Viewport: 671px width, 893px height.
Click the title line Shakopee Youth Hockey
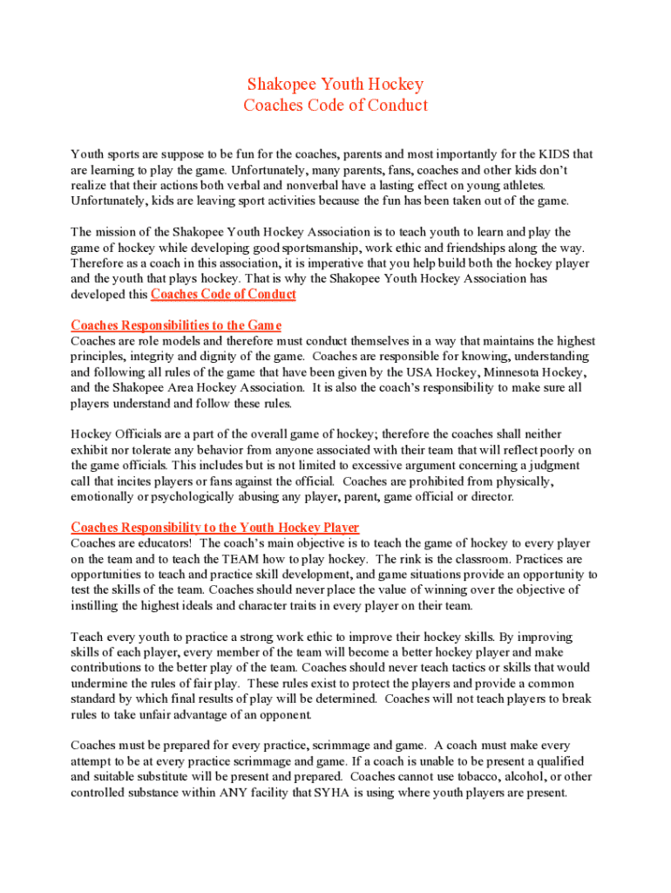(x=335, y=85)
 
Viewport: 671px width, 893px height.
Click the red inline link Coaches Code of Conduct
(x=223, y=295)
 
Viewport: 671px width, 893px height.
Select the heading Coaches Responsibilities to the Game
(x=176, y=325)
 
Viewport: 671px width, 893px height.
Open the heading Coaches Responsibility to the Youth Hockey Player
(x=214, y=528)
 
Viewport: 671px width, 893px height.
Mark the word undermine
(x=98, y=685)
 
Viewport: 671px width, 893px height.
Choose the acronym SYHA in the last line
(x=335, y=793)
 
